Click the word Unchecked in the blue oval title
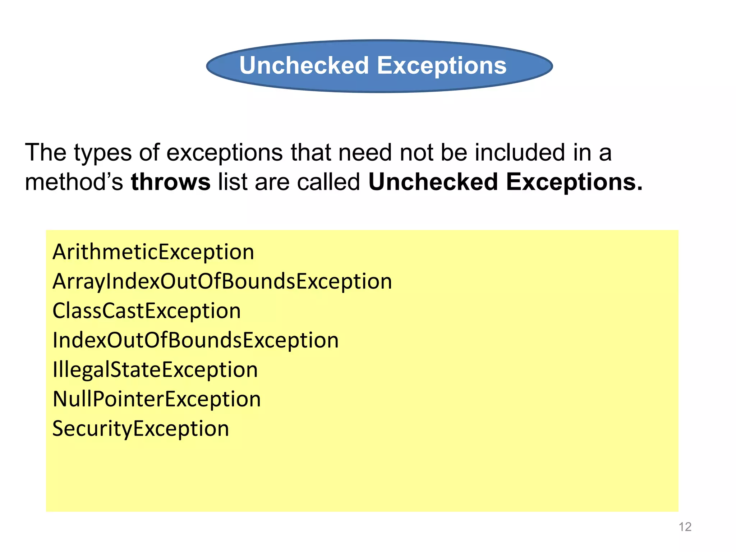click(x=304, y=66)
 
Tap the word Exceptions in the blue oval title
click(x=442, y=66)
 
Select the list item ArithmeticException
click(x=153, y=252)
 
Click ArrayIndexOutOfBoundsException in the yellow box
click(x=222, y=281)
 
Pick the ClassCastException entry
click(x=147, y=311)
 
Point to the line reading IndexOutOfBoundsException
click(x=195, y=340)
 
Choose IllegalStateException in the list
click(x=155, y=370)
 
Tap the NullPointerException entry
click(x=157, y=399)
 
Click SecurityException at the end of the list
click(x=141, y=429)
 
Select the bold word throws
click(x=171, y=182)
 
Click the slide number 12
click(x=685, y=527)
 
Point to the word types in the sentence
click(x=103, y=153)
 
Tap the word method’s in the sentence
click(x=74, y=182)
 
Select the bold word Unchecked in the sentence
click(x=433, y=182)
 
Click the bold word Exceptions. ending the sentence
click(x=574, y=182)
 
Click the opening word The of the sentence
click(x=46, y=153)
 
